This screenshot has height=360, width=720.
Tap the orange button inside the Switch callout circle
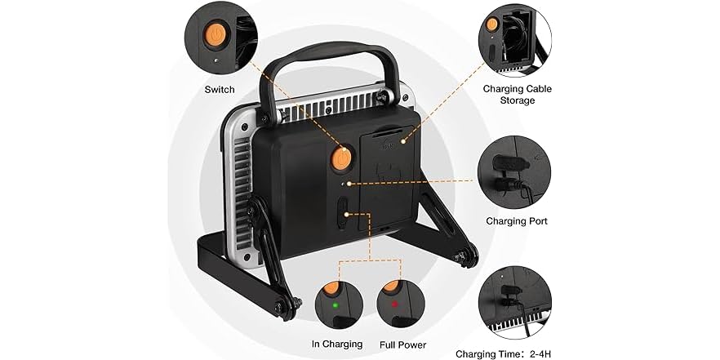[215, 35]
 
